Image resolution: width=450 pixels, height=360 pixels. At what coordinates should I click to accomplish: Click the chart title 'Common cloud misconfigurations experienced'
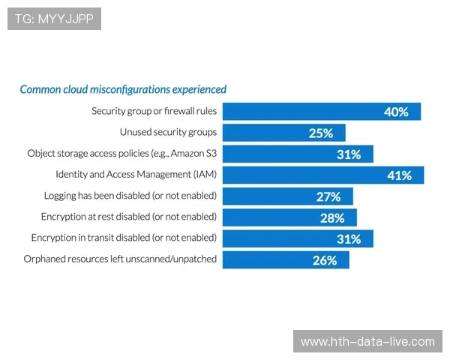coord(123,89)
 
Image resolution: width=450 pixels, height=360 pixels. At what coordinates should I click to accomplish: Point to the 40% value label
coord(395,112)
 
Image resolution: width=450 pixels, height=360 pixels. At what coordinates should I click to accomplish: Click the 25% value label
coord(320,133)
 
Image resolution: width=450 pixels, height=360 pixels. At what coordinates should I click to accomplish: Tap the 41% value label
coord(399,175)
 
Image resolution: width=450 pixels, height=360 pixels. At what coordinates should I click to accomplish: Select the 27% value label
coord(328,196)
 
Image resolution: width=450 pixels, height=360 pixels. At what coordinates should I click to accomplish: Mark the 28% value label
coord(332,218)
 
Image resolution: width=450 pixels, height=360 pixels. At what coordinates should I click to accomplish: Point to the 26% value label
coord(324,260)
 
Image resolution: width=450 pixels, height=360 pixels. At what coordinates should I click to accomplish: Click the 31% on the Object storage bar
coord(349,154)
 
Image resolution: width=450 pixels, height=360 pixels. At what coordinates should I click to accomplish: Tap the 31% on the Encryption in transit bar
coord(349,238)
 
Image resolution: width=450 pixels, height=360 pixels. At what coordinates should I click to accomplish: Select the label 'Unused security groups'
coord(168,132)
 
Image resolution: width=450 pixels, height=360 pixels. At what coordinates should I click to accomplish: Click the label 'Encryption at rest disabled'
coord(128,217)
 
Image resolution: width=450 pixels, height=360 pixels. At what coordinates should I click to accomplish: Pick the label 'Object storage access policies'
coord(121,153)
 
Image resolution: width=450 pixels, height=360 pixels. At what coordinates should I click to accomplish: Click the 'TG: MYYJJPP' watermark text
coord(54,19)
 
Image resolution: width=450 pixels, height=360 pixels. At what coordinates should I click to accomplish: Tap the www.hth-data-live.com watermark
coord(367,341)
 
